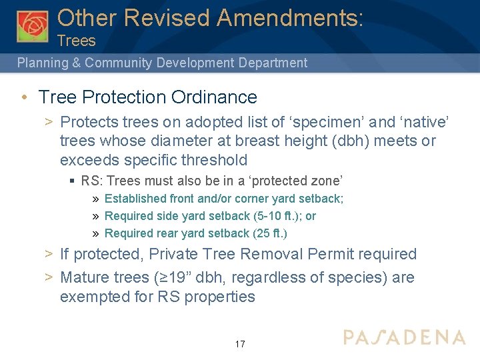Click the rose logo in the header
(33, 26)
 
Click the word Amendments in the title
(291, 17)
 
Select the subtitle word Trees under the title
(77, 41)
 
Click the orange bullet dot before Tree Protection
(24, 97)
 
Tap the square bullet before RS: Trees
(72, 181)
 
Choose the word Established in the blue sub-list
(136, 199)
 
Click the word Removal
(267, 254)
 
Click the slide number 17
(240, 344)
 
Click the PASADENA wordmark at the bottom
(404, 337)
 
